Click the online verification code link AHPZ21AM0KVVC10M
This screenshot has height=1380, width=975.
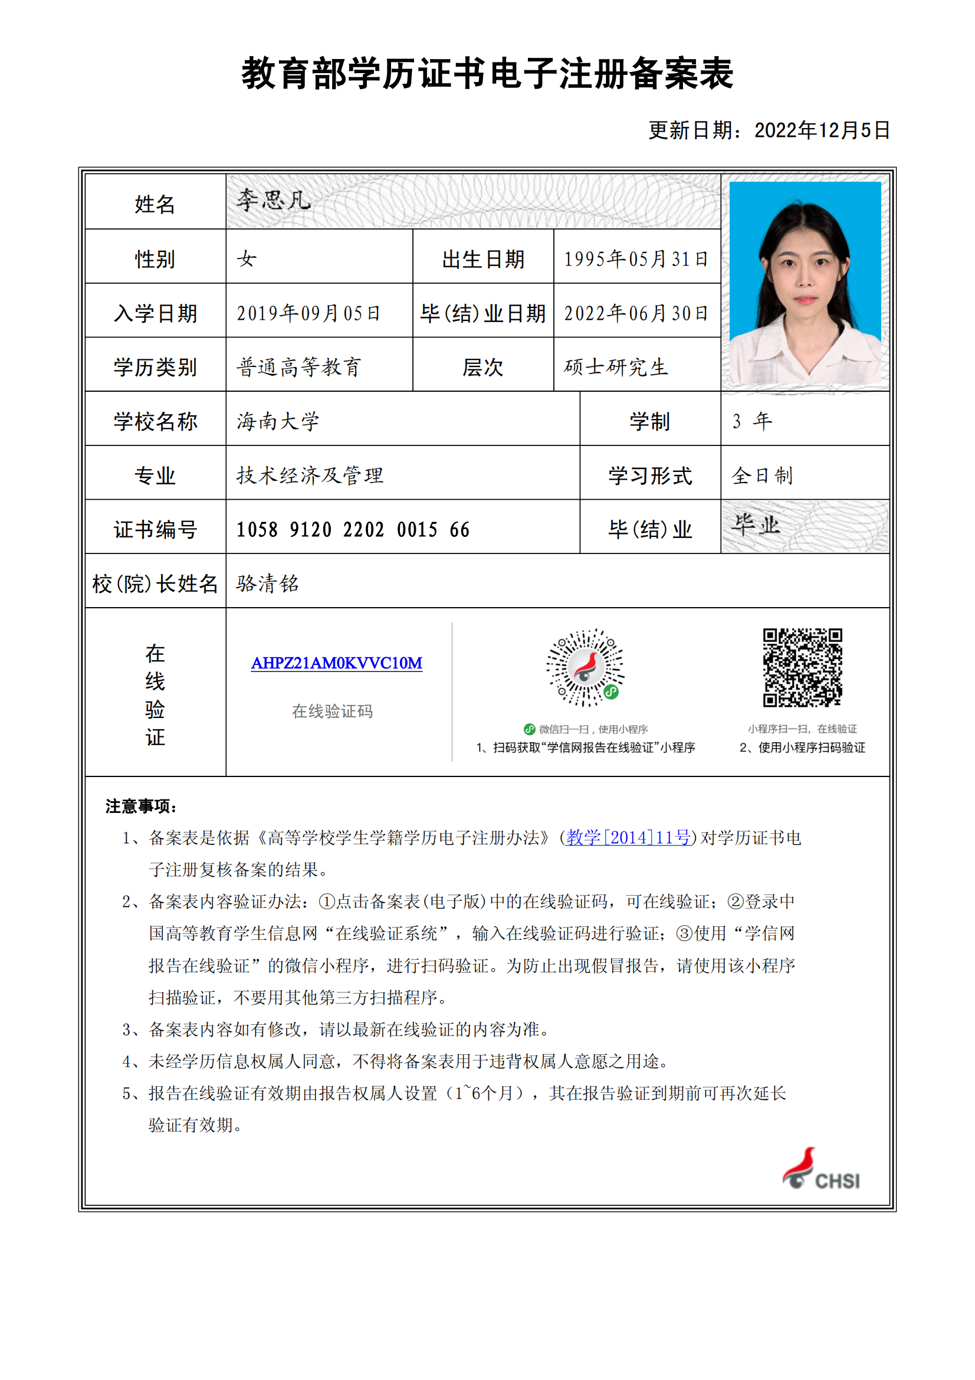point(336,663)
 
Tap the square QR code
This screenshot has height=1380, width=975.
point(802,667)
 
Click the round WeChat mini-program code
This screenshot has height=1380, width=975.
point(585,667)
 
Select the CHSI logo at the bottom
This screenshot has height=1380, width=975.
point(821,1169)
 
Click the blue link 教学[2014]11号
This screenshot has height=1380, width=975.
point(628,837)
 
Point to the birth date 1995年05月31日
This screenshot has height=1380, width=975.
point(636,259)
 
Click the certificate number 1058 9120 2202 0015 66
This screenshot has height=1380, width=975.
point(353,529)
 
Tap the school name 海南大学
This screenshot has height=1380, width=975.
point(278,421)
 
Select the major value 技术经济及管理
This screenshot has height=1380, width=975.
point(310,476)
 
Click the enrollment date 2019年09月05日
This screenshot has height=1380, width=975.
point(308,313)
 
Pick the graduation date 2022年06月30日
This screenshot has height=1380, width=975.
point(636,313)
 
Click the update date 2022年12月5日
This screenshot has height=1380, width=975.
point(821,130)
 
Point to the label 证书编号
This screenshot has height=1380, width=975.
point(155,529)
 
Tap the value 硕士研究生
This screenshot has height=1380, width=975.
point(616,367)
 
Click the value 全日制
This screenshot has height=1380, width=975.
point(761,476)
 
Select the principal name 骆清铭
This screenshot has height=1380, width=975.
point(267,584)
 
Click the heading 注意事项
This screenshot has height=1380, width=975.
point(140,806)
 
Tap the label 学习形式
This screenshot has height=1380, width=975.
point(649,476)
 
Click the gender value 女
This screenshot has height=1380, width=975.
point(247,259)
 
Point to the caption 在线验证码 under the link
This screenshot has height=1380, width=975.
point(332,712)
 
